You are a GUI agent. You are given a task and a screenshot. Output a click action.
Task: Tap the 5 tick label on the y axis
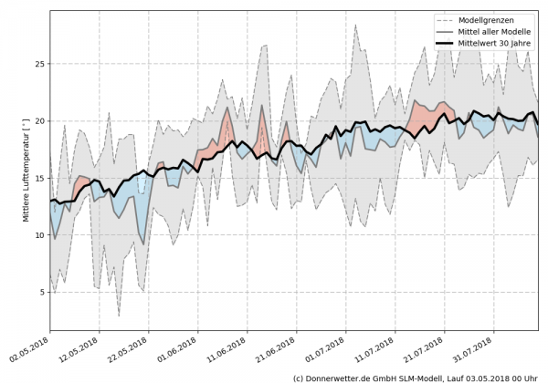click(x=41, y=292)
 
